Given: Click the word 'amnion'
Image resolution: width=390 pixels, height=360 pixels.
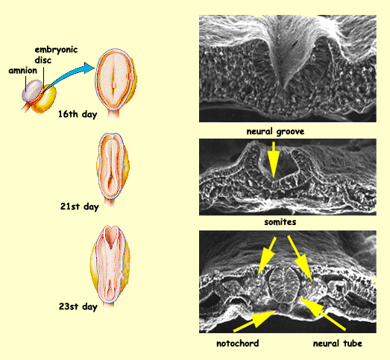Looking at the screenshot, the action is coord(23,71).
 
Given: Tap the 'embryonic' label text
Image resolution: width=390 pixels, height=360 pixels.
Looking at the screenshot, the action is coord(56,50).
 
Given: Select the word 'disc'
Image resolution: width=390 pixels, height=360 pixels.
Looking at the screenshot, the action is coord(43,60).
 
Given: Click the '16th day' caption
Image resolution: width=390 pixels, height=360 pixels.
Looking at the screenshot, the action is coord(78,114).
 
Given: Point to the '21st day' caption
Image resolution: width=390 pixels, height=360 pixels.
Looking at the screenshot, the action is coord(80,206).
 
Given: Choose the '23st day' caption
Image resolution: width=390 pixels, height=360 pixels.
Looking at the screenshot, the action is coord(78,306).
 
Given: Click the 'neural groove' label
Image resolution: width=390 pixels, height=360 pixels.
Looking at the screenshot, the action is coord(275,131).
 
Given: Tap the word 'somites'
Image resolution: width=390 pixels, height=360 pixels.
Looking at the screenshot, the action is coord(280,222).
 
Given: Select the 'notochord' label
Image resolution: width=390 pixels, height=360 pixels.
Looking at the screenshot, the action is coord(238,344).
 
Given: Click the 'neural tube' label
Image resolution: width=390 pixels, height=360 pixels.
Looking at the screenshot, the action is coord(338,344).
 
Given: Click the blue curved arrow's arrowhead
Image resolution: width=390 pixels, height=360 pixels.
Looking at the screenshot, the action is coord(89,68).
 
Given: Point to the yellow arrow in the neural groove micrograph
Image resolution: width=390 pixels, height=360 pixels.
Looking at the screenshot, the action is coord(274,160).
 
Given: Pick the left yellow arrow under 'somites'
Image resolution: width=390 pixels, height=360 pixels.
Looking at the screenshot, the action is coord(267,256).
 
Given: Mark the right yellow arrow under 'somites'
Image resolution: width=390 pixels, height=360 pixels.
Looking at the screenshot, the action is coord(300,258).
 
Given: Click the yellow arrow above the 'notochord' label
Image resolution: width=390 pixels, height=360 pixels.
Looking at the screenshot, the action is coord(254,320).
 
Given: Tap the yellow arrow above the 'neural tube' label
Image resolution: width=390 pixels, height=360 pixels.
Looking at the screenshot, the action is coord(323,314).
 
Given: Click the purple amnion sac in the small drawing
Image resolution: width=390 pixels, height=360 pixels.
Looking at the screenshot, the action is coord(31,91).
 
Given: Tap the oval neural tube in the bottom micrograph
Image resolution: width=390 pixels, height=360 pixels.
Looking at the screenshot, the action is coord(284,284).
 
